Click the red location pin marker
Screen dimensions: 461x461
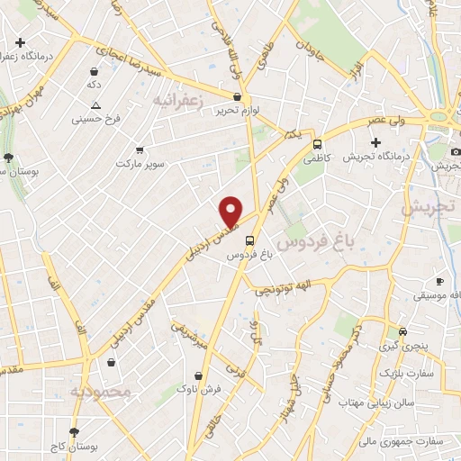(x=232, y=212)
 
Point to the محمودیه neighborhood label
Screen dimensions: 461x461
(x=100, y=391)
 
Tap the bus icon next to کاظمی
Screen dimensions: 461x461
(x=317, y=143)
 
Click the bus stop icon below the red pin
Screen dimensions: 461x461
(x=249, y=241)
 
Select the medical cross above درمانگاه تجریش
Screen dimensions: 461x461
(x=375, y=142)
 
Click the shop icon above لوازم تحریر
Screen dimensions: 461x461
(x=237, y=96)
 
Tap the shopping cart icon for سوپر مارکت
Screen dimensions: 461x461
(x=140, y=150)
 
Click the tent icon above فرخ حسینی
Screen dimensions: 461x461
(x=96, y=104)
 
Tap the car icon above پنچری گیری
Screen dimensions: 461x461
(x=402, y=330)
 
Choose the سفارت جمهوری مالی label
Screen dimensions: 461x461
(x=421, y=441)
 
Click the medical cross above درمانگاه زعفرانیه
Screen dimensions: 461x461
(x=20, y=42)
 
